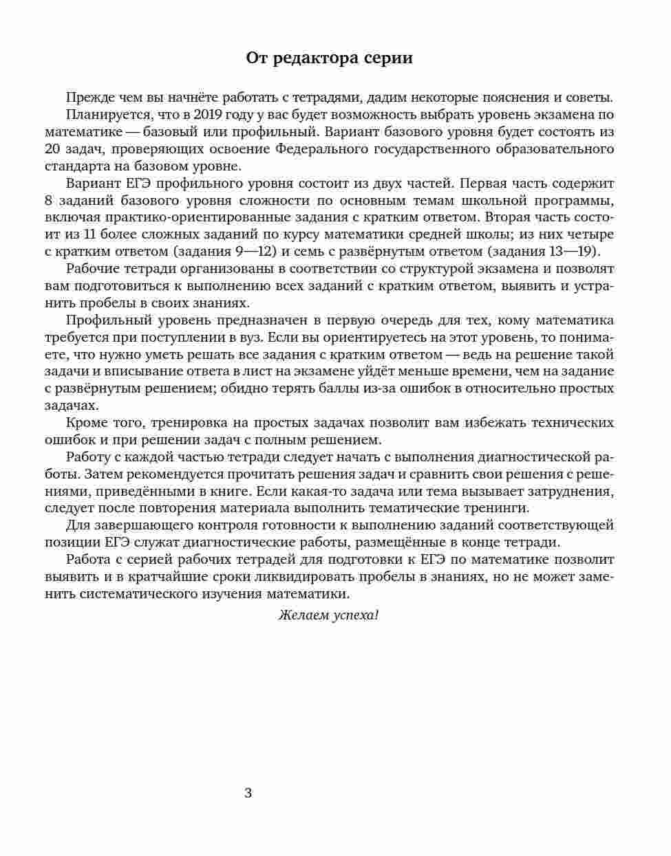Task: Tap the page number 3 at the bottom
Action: (248, 793)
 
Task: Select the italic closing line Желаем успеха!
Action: (328, 615)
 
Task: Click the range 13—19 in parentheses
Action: (560, 252)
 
